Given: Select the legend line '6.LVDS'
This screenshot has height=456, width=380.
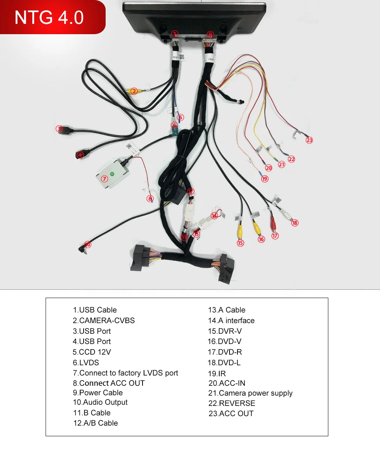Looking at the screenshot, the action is [86, 363].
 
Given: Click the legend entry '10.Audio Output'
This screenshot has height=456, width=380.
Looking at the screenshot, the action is [100, 402].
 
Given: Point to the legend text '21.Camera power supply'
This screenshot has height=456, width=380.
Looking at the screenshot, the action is [250, 393].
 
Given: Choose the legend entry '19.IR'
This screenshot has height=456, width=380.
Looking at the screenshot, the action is [217, 374].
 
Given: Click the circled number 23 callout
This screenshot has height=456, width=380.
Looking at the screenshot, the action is [309, 140].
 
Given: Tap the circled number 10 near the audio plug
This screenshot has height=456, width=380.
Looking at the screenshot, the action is [88, 245].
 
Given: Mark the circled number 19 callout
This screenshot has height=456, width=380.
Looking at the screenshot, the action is [264, 178].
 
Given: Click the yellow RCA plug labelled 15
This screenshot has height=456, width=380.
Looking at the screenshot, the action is [240, 230].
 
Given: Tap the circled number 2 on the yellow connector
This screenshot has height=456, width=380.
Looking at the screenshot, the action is [133, 91].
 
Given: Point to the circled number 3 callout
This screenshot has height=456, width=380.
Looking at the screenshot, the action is [59, 129].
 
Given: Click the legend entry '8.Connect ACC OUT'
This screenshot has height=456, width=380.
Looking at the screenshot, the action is [109, 383].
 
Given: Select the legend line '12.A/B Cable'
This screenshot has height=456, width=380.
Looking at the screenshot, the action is [95, 423].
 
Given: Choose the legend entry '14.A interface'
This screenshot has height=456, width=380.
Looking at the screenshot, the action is [231, 320].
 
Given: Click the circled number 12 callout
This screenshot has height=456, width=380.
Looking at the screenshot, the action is [190, 191].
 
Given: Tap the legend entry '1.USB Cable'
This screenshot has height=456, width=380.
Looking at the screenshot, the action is [95, 310].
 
